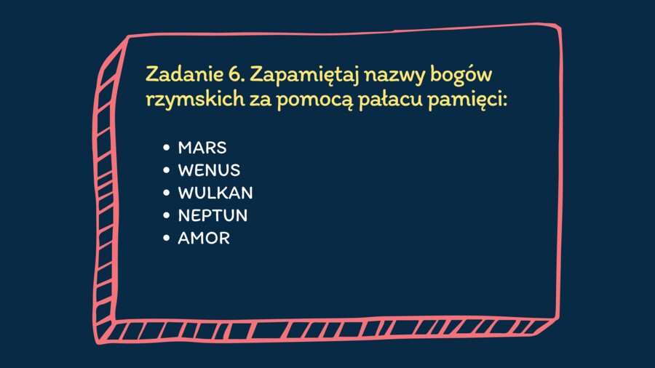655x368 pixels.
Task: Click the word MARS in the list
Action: point(202,148)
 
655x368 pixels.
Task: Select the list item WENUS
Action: point(209,170)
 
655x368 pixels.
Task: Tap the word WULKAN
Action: point(215,193)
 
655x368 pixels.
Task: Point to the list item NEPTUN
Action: point(213,215)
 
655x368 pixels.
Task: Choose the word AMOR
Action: point(204,238)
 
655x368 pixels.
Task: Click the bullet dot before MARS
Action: point(167,148)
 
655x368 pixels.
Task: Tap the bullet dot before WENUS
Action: point(167,170)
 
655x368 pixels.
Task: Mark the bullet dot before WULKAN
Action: point(167,193)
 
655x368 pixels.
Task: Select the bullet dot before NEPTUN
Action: point(167,215)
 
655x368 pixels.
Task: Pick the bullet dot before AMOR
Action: point(167,238)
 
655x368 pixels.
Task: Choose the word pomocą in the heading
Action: point(314,103)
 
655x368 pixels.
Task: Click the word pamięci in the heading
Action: point(467,103)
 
